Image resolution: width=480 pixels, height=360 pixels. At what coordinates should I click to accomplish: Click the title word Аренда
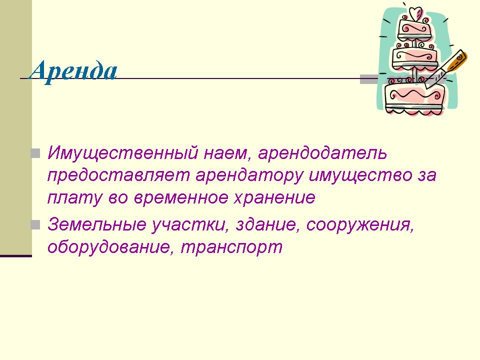pos(73,72)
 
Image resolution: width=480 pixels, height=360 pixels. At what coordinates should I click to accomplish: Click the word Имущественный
pos(123,153)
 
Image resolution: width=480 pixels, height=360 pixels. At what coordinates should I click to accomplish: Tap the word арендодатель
pos(322,153)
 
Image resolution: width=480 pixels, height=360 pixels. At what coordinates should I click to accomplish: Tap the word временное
pos(181,198)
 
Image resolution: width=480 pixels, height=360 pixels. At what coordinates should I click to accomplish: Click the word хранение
pos(274,198)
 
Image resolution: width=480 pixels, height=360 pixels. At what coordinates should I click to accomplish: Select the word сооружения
pos(360,225)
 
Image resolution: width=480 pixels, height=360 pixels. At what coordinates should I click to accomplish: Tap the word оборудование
pos(108,246)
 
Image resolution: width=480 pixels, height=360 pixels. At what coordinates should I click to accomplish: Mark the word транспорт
pos(231,247)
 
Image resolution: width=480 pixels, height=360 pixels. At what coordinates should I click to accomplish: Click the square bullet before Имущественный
pos(35,153)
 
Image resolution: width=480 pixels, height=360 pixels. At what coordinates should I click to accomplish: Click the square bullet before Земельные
pos(35,225)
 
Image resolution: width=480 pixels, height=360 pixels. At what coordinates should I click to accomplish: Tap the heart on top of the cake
pos(415,14)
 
